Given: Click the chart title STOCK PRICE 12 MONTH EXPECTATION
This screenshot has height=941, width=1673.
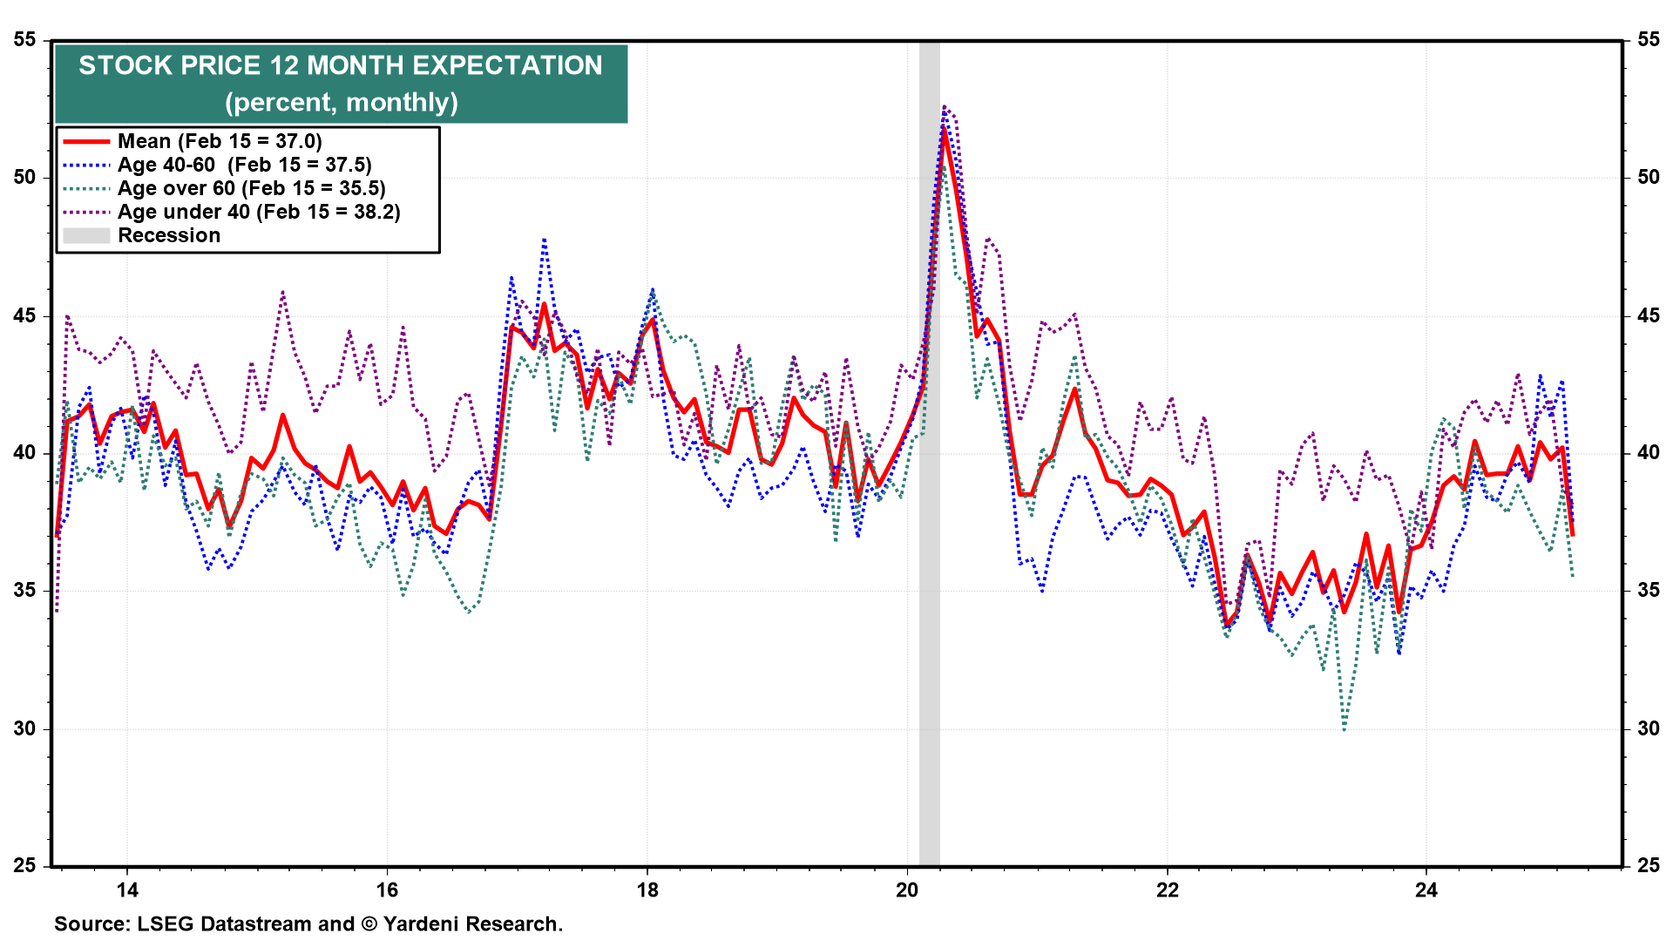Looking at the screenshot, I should (x=341, y=66).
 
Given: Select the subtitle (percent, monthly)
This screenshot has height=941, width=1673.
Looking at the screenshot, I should (x=341, y=103).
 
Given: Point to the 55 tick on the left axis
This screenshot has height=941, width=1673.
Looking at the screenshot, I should (x=25, y=39).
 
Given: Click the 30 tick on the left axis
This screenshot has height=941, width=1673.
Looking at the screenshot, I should (x=25, y=728).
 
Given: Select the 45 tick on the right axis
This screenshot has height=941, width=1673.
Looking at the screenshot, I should (x=1649, y=315).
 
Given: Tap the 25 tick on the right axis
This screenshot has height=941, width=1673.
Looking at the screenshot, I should (x=1649, y=865).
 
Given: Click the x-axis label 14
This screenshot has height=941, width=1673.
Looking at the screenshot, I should (x=127, y=890).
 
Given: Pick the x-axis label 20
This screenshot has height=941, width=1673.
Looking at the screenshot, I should (x=907, y=890).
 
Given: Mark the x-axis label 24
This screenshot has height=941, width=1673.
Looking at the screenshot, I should (x=1426, y=890).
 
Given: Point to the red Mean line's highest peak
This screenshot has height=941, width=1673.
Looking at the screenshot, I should (x=945, y=131).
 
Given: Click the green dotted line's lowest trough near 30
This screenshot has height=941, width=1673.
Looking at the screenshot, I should (x=1344, y=729).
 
